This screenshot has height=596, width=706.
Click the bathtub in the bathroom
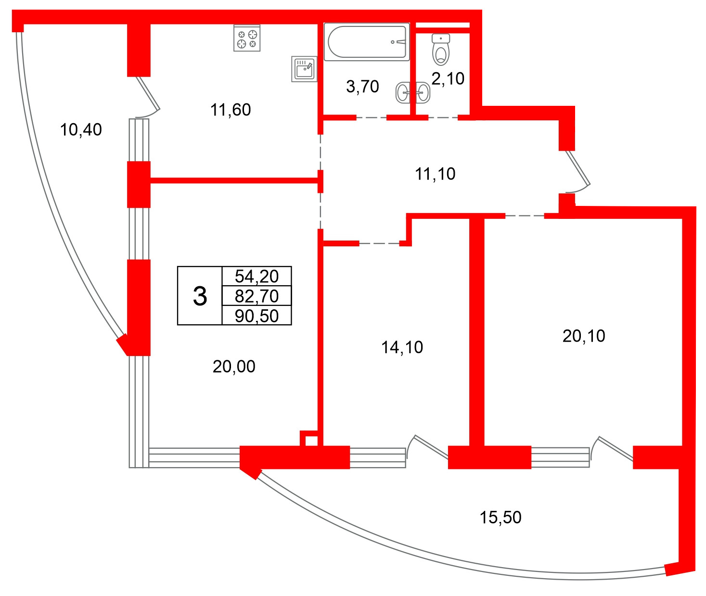(367, 41)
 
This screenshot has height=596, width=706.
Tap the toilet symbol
(440, 50)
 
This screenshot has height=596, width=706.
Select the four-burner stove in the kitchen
(247, 38)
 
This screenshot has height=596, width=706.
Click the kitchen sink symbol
(304, 69)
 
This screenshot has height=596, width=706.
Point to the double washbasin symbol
(413, 93)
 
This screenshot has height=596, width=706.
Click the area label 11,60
(231, 110)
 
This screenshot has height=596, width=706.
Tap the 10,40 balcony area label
(81, 130)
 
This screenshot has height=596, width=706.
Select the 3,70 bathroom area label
(362, 87)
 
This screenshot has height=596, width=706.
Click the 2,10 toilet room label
(448, 79)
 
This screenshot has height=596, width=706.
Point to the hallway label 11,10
(435, 174)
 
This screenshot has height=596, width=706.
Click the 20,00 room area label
(234, 367)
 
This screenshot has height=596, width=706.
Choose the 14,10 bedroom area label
(402, 347)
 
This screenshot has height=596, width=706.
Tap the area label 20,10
(584, 336)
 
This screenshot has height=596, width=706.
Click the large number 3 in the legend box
(200, 296)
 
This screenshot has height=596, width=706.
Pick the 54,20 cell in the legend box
(257, 276)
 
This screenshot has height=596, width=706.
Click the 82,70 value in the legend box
(257, 296)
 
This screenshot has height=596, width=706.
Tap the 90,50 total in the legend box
(257, 316)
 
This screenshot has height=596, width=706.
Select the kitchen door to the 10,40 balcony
(147, 97)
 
